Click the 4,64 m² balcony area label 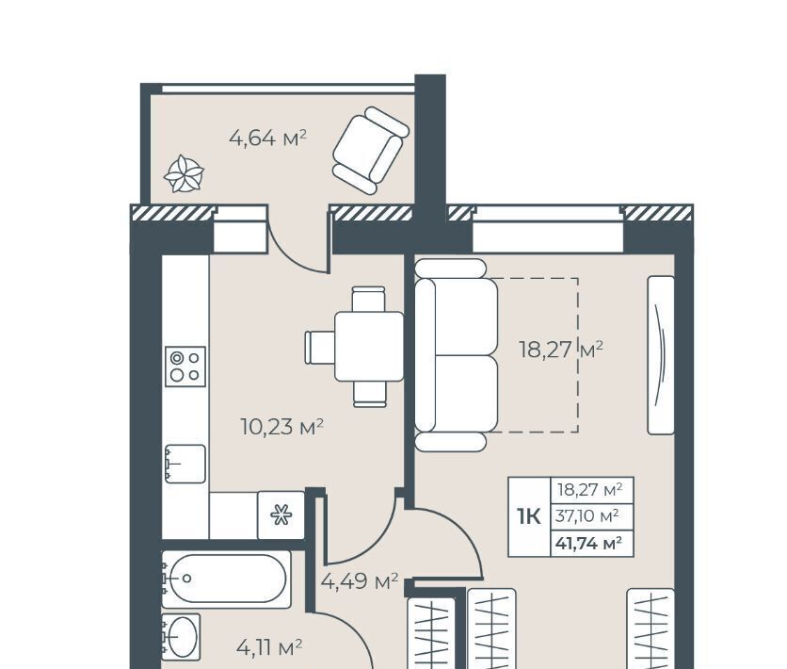click(x=267, y=138)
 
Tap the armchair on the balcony click(x=370, y=150)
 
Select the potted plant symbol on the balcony click(x=184, y=174)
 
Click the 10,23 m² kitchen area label click(x=282, y=427)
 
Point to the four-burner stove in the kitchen click(x=185, y=367)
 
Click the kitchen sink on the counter click(x=185, y=465)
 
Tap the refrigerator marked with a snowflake click(x=281, y=515)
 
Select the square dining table click(x=369, y=347)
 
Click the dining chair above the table click(x=368, y=299)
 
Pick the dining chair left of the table click(x=320, y=347)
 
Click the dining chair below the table click(x=370, y=394)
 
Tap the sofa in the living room click(x=457, y=355)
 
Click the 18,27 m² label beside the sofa click(x=561, y=349)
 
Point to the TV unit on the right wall click(x=661, y=355)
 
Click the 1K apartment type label click(x=529, y=516)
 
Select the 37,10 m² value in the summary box click(x=586, y=515)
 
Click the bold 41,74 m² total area click(x=588, y=543)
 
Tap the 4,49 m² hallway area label click(x=360, y=581)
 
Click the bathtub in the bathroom click(x=226, y=579)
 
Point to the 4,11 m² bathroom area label click(x=269, y=647)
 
